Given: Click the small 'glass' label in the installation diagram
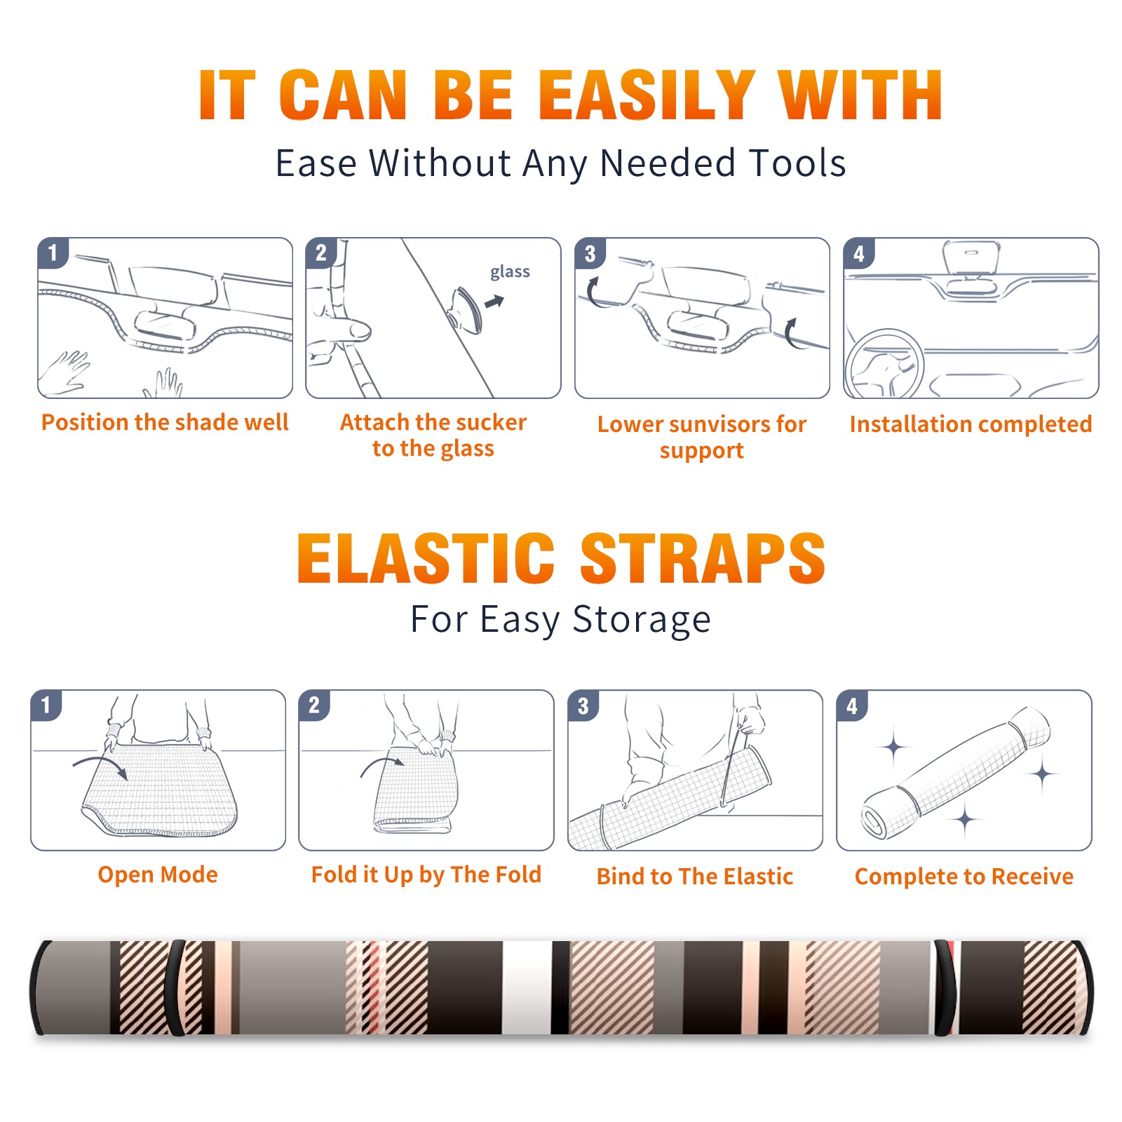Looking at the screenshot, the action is pyautogui.click(x=510, y=271).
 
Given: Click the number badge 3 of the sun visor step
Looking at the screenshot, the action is pyautogui.click(x=590, y=253).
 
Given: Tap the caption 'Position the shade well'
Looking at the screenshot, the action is pyautogui.click(x=165, y=422).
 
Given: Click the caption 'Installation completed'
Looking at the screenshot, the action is pyautogui.click(x=971, y=424).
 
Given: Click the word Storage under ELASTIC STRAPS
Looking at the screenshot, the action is pyautogui.click(x=642, y=620).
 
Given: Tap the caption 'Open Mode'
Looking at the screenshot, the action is pyautogui.click(x=158, y=874).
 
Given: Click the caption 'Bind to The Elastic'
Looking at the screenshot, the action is pyautogui.click(x=695, y=877).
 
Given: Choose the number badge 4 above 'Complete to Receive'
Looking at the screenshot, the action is pyautogui.click(x=852, y=705).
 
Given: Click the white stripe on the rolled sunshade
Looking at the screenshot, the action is pyautogui.click(x=526, y=987).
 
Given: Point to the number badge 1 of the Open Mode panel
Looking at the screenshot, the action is pyautogui.click(x=46, y=705).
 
